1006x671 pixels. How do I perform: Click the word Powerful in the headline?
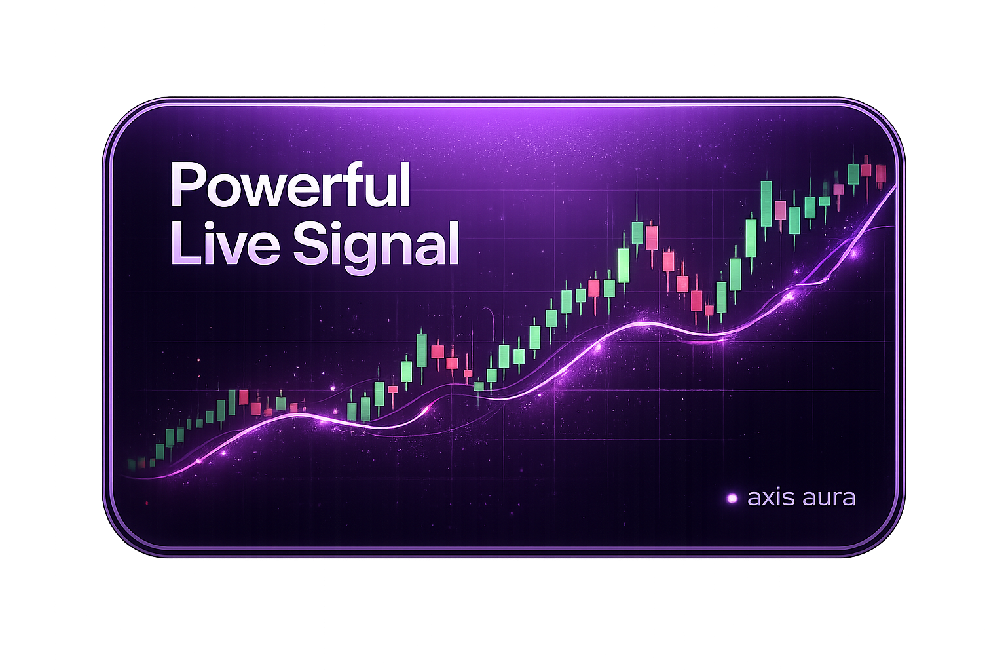click(290, 187)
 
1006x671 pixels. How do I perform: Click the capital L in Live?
click(183, 244)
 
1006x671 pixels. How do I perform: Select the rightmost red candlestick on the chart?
click(880, 174)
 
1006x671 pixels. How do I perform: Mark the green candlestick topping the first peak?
click(638, 233)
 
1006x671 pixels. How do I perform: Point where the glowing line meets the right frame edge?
click(895, 186)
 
